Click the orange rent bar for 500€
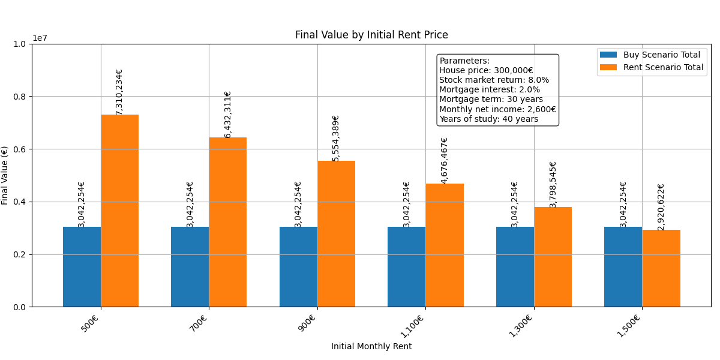point(119,211)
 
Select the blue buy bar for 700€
point(190,266)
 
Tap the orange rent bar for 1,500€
point(661,268)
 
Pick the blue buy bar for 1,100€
point(406,266)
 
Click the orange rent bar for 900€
point(336,234)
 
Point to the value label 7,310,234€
point(119,92)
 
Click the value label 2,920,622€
point(661,207)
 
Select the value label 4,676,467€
point(445,160)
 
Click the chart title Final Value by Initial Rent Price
point(371,35)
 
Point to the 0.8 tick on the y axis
point(20,97)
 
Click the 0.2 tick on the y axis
point(20,254)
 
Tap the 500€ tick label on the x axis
point(90,325)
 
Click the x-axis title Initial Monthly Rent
point(371,346)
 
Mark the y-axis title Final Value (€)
point(5,175)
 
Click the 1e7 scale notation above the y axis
point(40,38)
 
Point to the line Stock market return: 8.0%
point(494,80)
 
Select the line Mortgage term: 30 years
point(491,100)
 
